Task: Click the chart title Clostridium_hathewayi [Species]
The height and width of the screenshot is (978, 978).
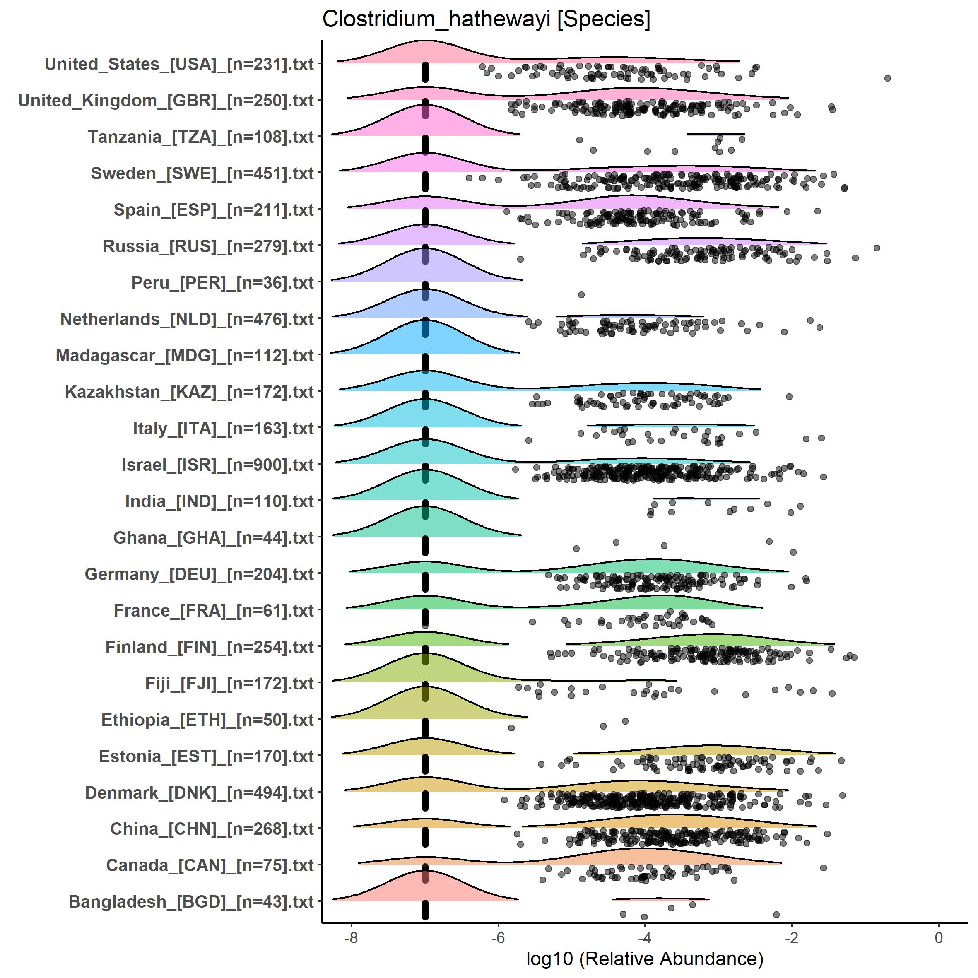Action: click(x=486, y=20)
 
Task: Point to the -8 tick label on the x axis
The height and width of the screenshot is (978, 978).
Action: click(x=351, y=937)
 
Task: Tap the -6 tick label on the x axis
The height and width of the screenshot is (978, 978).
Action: click(x=498, y=937)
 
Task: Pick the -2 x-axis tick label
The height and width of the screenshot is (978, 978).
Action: click(x=792, y=937)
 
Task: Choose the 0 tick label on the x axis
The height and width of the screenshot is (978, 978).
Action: click(x=939, y=937)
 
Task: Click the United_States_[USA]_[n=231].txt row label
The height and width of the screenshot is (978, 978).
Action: click(x=179, y=65)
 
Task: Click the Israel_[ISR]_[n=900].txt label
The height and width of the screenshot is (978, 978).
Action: click(x=218, y=466)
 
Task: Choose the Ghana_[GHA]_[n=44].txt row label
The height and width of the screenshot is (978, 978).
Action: click(x=214, y=539)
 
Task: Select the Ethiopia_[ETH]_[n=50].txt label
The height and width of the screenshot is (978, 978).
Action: click(x=207, y=721)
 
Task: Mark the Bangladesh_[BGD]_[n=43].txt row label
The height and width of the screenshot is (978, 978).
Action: click(x=191, y=903)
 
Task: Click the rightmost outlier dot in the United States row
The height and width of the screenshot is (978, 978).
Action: click(x=887, y=78)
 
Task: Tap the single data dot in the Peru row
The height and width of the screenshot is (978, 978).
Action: click(x=581, y=295)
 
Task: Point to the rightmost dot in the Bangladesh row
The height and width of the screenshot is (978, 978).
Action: click(x=776, y=914)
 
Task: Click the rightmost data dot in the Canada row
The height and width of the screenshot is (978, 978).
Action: click(x=824, y=867)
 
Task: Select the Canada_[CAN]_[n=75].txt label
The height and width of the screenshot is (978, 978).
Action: click(x=210, y=866)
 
